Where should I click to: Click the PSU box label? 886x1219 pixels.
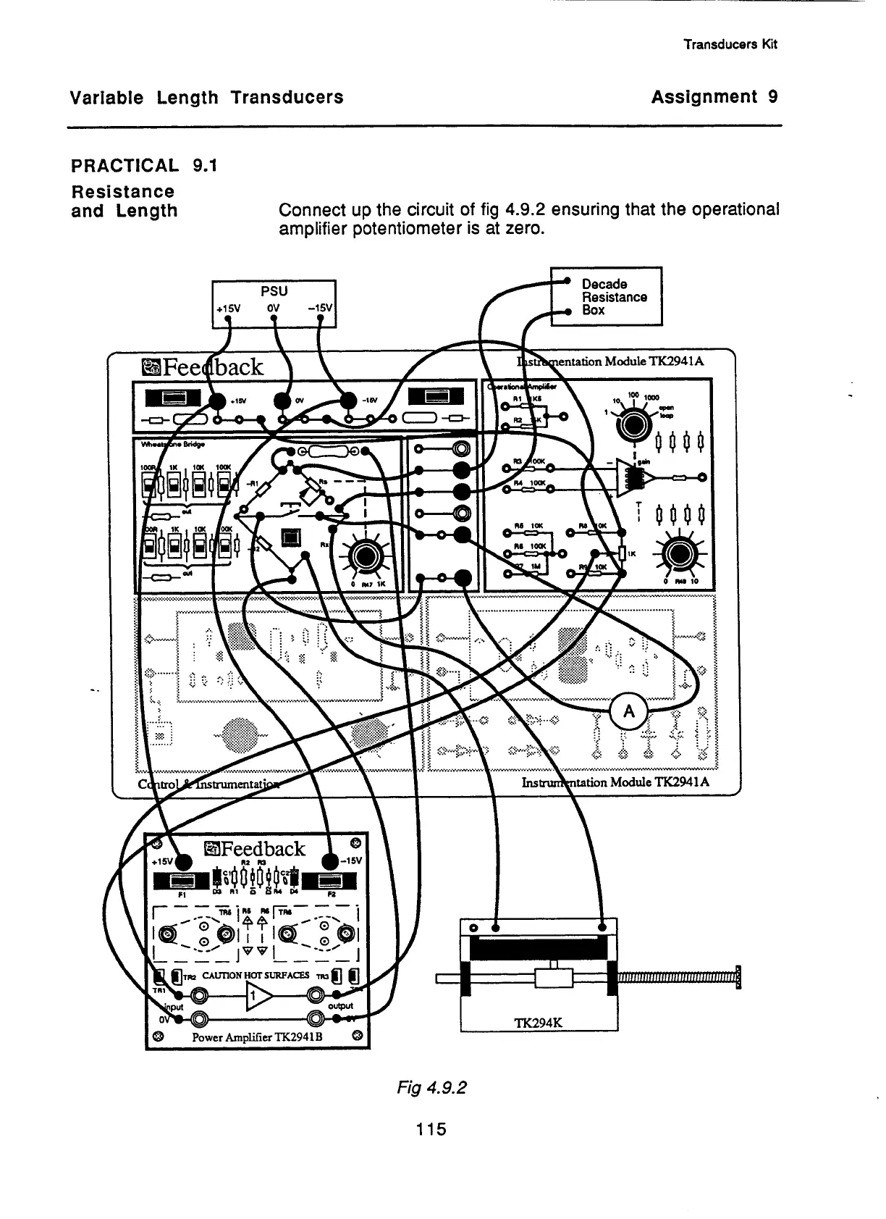pos(274,290)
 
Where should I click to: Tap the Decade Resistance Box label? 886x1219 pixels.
pos(615,297)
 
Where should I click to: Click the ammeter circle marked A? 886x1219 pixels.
pos(629,711)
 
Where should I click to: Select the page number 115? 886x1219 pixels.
pos(431,1128)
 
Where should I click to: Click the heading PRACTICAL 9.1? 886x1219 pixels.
pos(143,166)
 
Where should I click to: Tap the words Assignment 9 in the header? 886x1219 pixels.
pos(714,97)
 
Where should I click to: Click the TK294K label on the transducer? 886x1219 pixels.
pos(539,1023)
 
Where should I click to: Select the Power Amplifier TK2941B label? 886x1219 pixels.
pos(256,1036)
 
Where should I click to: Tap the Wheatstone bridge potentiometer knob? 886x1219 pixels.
pos(363,556)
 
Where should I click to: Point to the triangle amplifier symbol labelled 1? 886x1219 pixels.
pos(256,998)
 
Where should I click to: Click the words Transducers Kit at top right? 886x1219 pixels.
pos(730,44)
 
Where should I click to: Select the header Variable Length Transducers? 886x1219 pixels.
pos(206,97)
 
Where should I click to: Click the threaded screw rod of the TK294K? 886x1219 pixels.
pos(676,979)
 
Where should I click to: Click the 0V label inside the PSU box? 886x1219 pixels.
pos(273,307)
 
